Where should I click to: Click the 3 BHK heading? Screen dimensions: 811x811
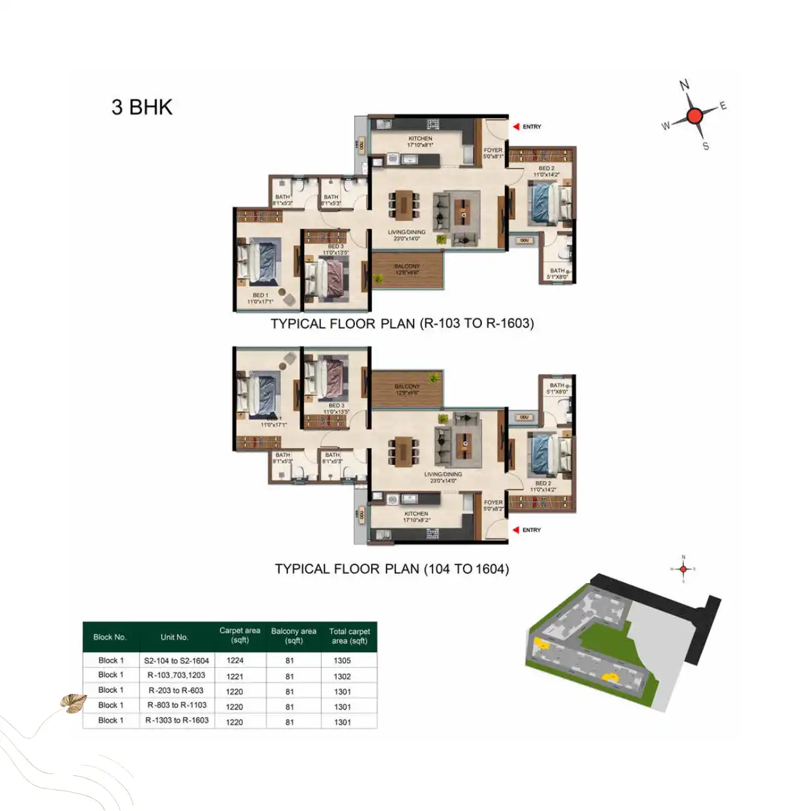(x=142, y=107)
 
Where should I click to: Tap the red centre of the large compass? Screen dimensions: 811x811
(x=694, y=116)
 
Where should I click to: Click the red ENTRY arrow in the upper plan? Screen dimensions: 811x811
(x=516, y=126)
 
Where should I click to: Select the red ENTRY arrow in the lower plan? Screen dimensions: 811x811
(x=516, y=530)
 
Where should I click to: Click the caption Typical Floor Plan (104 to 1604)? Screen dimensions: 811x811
(x=392, y=569)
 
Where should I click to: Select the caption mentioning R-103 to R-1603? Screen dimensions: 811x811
(x=402, y=324)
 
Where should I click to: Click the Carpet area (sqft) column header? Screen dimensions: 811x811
(x=240, y=635)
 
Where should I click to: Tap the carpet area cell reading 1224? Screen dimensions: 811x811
(x=235, y=660)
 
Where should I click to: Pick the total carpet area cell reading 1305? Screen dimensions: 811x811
(x=342, y=660)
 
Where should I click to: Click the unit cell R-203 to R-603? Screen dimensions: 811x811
(x=176, y=690)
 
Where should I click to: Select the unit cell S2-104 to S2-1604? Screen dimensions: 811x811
(x=176, y=660)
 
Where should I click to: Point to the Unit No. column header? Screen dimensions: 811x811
(x=174, y=637)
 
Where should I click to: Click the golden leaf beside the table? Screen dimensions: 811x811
(x=73, y=703)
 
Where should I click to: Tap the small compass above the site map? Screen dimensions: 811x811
(x=683, y=569)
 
